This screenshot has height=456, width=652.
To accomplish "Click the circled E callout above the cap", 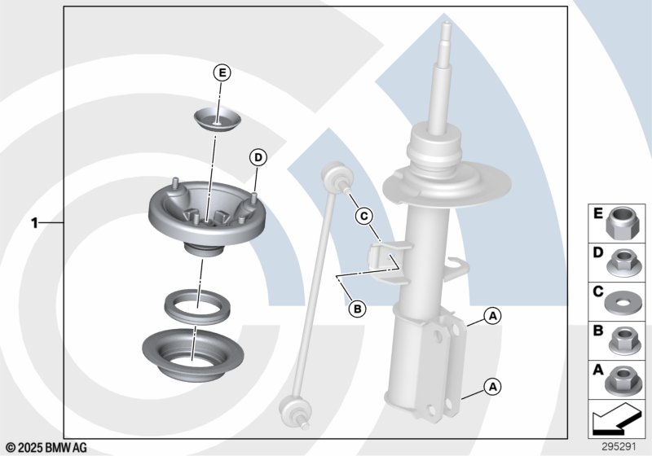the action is pyautogui.click(x=222, y=73).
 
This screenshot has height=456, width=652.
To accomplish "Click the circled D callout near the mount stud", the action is pyautogui.click(x=258, y=158).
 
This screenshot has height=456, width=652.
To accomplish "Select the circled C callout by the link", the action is pyautogui.click(x=363, y=216).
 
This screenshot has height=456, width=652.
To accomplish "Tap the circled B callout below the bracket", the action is pyautogui.click(x=357, y=309).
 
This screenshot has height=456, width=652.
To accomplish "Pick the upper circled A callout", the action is pyautogui.click(x=493, y=316).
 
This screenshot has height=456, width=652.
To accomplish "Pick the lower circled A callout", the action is pyautogui.click(x=493, y=387).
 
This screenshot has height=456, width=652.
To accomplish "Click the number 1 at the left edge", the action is pyautogui.click(x=35, y=223).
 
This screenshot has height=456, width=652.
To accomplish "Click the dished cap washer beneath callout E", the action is pyautogui.click(x=218, y=120).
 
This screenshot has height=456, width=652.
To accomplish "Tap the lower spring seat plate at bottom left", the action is pyautogui.click(x=192, y=355).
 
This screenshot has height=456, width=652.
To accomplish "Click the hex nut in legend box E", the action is pyautogui.click(x=620, y=223).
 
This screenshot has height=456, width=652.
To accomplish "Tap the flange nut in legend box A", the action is pyautogui.click(x=620, y=381).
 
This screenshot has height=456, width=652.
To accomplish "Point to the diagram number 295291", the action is pyautogui.click(x=619, y=447).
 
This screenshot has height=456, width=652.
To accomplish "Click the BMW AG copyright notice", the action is pyautogui.click(x=46, y=448).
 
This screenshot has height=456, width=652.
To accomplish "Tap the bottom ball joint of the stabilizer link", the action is pyautogui.click(x=294, y=411).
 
